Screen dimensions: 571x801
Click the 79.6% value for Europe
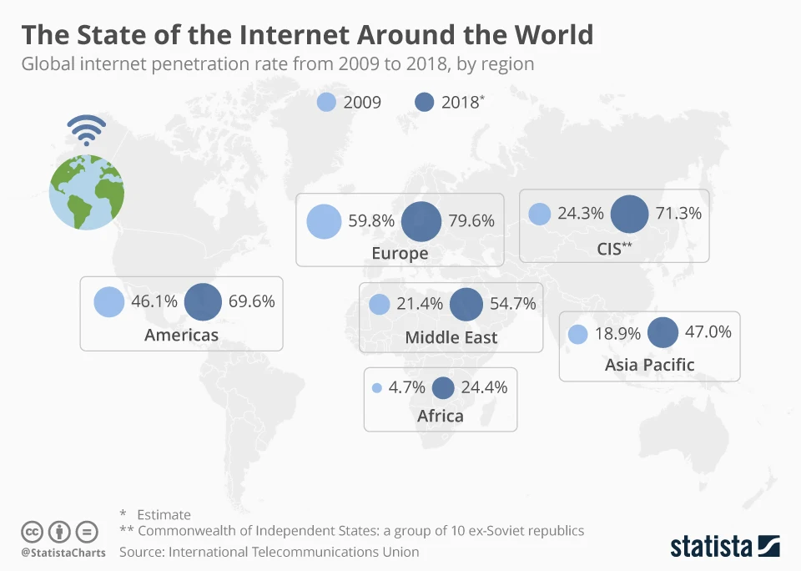471,221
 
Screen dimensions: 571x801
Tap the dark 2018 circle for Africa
443,387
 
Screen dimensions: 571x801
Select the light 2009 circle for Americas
108,301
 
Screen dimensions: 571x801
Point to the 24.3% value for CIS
581,213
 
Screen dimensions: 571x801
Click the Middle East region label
451,337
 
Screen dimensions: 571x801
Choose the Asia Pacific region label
649,364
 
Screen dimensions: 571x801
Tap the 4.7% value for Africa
407,387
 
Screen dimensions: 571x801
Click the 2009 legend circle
327,103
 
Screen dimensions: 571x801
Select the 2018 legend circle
425,103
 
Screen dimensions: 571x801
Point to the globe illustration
87,190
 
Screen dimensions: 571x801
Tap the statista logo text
710,547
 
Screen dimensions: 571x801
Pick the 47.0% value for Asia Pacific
708,332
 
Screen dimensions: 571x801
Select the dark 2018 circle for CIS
629,214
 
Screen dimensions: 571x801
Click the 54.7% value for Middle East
513,304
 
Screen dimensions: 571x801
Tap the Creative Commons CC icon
32,531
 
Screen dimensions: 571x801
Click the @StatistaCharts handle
63,553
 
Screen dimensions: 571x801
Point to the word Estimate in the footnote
164,514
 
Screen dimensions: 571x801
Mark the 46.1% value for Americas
154,301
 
